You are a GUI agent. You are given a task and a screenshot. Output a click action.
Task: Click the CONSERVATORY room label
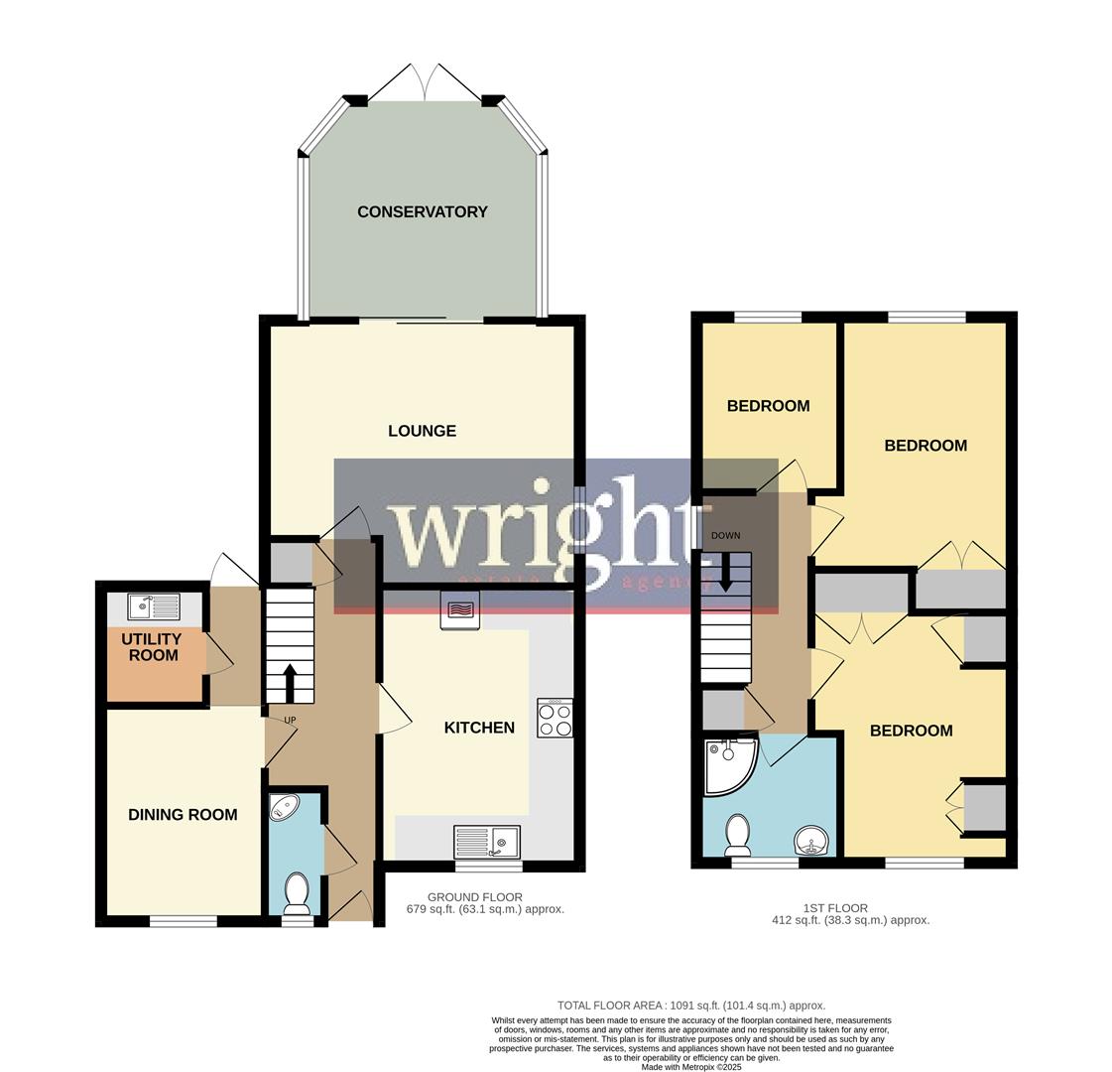[422, 211]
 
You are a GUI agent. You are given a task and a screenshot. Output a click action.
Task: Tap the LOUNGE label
[422, 431]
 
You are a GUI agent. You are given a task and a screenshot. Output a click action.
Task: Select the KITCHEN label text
[479, 728]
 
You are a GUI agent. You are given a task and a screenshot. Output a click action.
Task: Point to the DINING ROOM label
[183, 815]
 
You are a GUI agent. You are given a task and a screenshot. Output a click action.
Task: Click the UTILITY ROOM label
[151, 647]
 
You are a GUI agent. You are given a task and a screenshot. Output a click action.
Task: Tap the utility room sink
[154, 605]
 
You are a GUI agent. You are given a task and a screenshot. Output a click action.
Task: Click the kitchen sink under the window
[487, 843]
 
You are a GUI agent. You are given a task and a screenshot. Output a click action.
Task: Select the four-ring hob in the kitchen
[555, 718]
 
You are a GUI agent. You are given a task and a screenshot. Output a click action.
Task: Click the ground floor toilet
[297, 892]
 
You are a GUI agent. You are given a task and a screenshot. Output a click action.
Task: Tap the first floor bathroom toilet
[738, 835]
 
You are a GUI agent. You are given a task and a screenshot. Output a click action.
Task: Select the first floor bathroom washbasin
[811, 843]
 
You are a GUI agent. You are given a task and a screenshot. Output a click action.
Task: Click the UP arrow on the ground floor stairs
[290, 682]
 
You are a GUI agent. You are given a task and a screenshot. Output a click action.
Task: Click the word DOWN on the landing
[725, 536]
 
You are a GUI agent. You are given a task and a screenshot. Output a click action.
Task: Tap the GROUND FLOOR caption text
[474, 897]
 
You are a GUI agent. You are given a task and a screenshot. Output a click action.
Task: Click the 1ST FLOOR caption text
[835, 908]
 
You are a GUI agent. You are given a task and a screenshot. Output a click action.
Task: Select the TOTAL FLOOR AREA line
[690, 1005]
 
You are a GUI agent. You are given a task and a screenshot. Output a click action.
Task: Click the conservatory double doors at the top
[426, 83]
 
